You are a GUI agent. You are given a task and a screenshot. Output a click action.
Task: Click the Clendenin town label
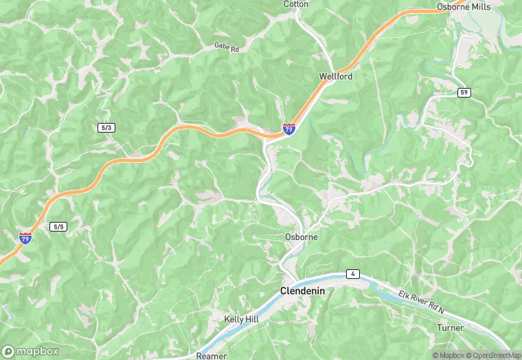[302, 291]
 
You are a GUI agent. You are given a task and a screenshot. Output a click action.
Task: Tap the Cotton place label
[296, 4]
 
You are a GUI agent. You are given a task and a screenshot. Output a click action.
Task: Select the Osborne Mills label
[464, 6]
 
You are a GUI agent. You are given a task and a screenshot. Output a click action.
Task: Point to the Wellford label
[336, 76]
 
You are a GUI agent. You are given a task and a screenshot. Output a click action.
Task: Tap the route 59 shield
[465, 92]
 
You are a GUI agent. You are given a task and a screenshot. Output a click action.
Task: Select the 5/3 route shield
[106, 128]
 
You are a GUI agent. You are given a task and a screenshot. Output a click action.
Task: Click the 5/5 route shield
[58, 226]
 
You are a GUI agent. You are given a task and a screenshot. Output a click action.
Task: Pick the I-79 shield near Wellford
[289, 128]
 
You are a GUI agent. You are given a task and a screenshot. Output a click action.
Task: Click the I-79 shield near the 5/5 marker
[25, 238]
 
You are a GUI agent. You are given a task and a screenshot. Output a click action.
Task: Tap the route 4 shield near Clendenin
[352, 273]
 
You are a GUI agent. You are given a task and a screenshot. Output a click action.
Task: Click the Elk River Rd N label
[421, 302]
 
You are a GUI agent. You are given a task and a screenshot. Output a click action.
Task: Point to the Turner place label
[450, 328]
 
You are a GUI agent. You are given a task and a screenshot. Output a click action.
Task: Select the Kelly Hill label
[242, 319]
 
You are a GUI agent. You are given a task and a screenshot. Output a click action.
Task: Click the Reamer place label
[211, 356]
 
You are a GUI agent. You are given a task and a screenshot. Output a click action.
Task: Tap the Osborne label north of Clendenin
[301, 237]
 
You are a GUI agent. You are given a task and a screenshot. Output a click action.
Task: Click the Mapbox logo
[30, 351]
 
